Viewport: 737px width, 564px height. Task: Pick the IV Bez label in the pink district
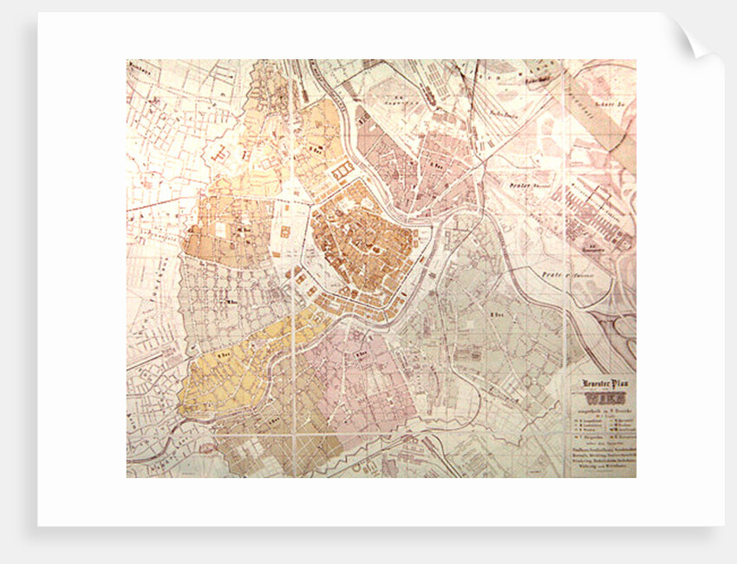(364, 354)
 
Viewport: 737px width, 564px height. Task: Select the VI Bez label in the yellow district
(223, 354)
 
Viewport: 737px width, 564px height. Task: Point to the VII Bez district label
(227, 302)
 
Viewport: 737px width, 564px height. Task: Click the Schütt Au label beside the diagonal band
(611, 102)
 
